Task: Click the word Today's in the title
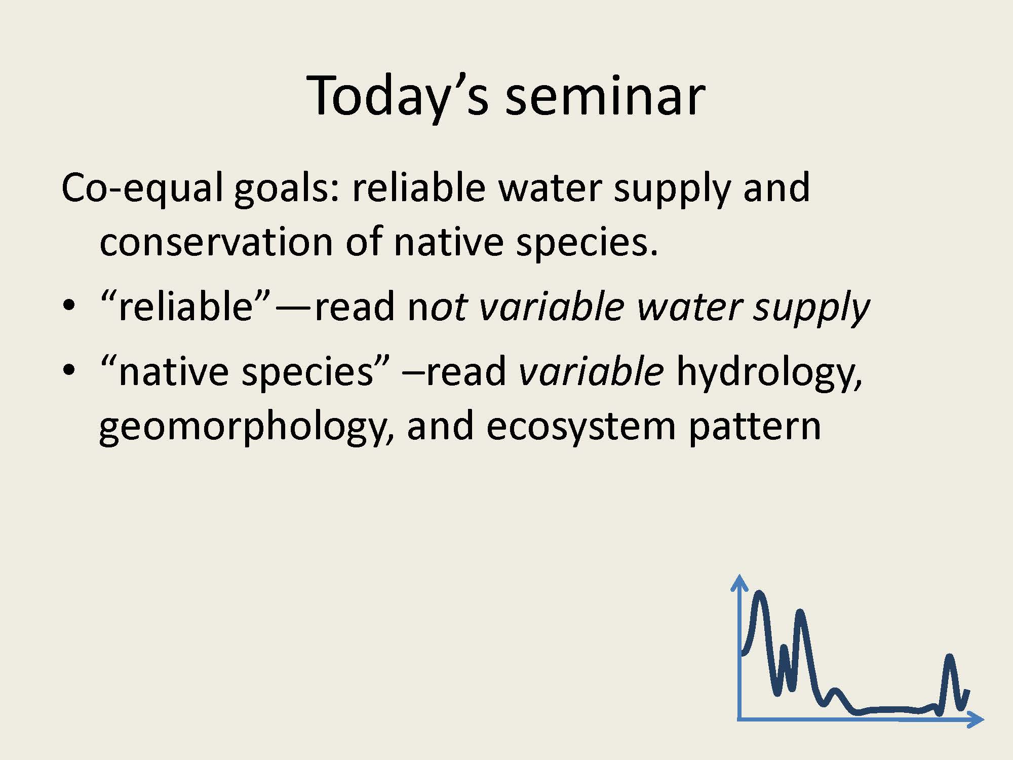(x=398, y=96)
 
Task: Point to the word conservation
(x=216, y=242)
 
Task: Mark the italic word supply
(x=811, y=310)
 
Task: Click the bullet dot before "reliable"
(x=69, y=307)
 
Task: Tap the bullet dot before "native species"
(x=69, y=371)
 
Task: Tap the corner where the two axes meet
(x=740, y=719)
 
